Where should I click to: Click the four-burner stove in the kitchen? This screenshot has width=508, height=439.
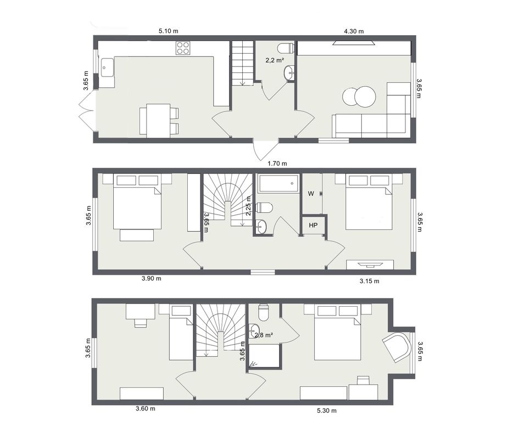[183, 48]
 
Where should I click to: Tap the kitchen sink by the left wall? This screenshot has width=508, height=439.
[107, 67]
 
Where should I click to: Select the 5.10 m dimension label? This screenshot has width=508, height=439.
[169, 31]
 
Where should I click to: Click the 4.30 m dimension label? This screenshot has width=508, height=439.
[354, 31]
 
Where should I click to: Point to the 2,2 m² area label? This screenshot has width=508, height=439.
[275, 60]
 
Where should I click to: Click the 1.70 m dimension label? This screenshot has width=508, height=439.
[277, 164]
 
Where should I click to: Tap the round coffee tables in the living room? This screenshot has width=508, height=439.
[359, 97]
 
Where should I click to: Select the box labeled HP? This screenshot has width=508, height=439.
[313, 225]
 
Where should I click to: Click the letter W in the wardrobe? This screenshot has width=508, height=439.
[311, 194]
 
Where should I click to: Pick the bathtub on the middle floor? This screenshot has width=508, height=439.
[278, 184]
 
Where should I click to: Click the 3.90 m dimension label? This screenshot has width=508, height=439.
[151, 278]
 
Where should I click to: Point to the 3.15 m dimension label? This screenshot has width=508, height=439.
[370, 281]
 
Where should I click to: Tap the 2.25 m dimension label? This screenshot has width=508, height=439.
[248, 206]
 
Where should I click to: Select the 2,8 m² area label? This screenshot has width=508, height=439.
[264, 335]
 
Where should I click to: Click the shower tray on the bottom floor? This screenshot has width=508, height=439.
[264, 356]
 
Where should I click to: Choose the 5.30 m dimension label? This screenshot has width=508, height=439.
[327, 410]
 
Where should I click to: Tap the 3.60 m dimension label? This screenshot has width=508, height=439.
[146, 409]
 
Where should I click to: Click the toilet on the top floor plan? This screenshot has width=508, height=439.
[286, 48]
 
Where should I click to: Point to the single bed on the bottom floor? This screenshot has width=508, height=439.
[181, 333]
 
